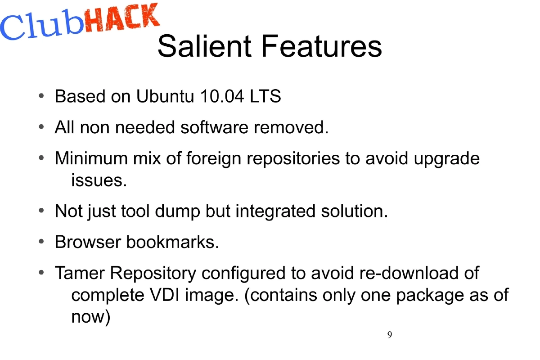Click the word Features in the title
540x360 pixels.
tap(322, 46)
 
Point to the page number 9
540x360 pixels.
tap(389, 335)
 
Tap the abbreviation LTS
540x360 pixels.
tap(266, 97)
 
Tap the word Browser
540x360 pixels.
tap(87, 242)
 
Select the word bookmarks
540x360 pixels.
tap(172, 242)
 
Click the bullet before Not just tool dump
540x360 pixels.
tap(41, 211)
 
